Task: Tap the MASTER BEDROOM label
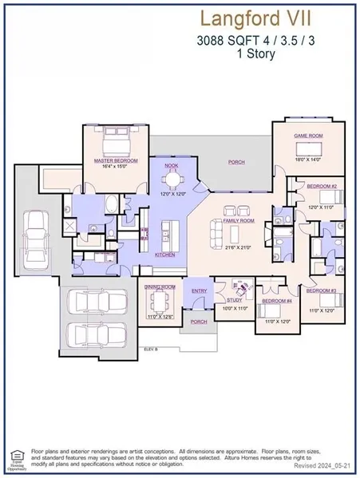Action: (x=116, y=160)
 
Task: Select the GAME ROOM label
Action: (x=307, y=136)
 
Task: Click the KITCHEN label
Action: (x=165, y=255)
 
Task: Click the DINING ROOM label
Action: (x=160, y=286)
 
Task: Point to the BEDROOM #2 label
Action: (x=322, y=185)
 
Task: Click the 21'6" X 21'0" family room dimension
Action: (x=239, y=248)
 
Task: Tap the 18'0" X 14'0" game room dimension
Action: (x=307, y=160)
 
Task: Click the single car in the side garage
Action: (x=35, y=237)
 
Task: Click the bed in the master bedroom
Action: (x=115, y=140)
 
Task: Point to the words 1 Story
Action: (x=240, y=55)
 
